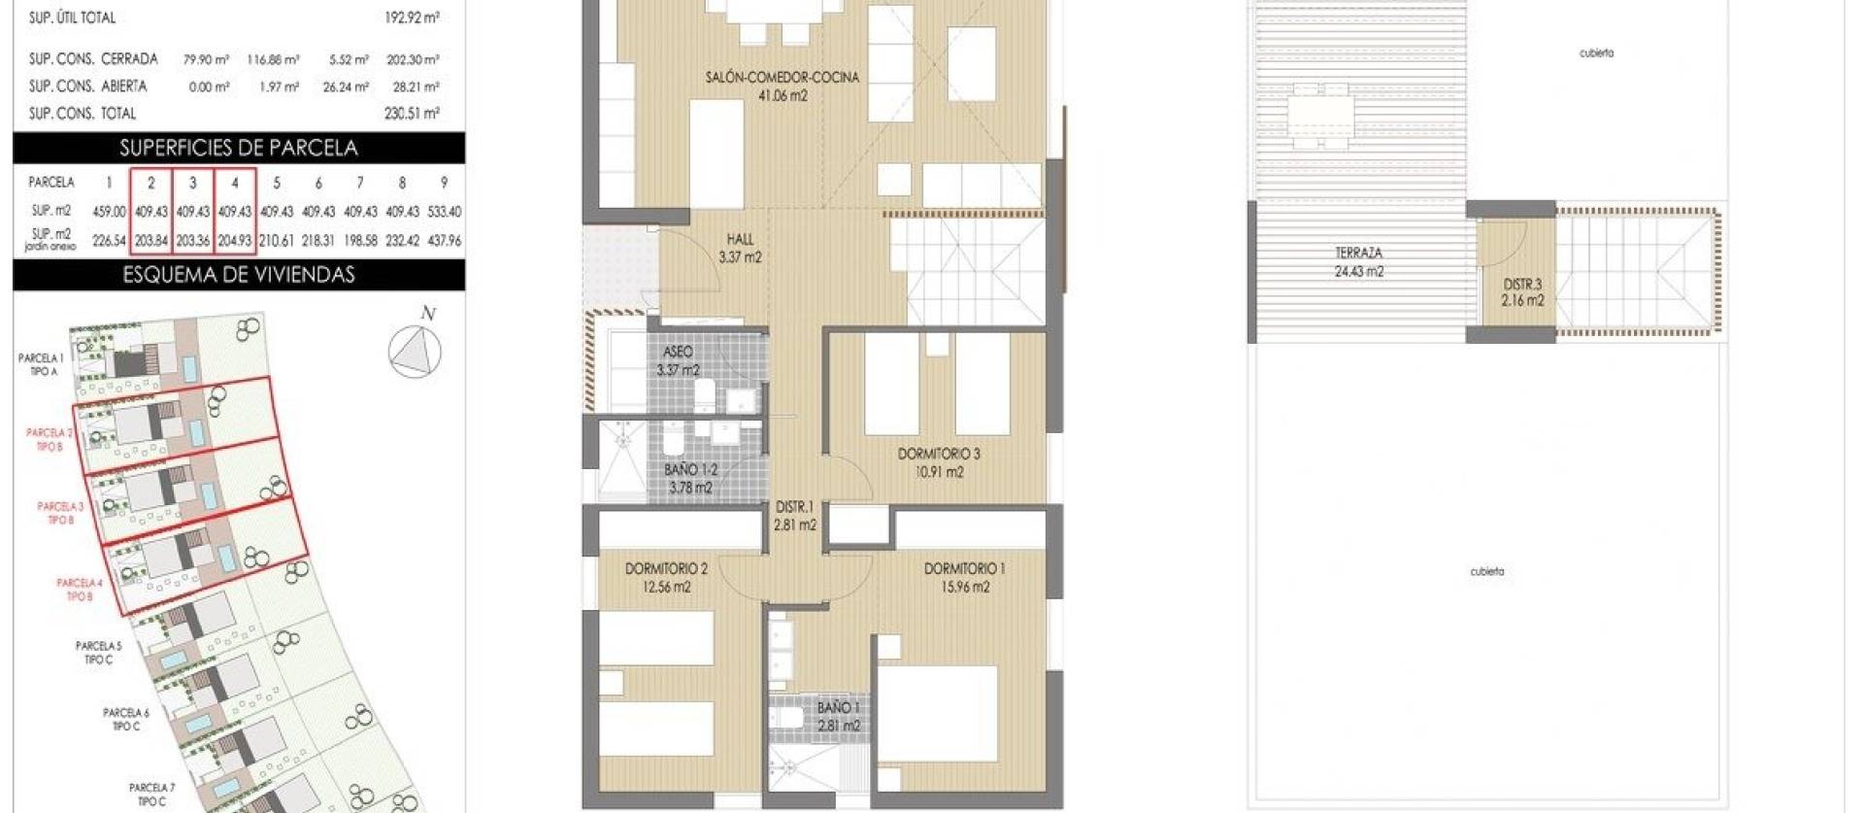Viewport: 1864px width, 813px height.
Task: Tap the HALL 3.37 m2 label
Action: [x=740, y=248]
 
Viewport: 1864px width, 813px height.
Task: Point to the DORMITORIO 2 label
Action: [x=666, y=578]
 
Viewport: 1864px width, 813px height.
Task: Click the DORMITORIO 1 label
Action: [x=964, y=578]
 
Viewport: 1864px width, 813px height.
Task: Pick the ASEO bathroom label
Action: [x=678, y=360]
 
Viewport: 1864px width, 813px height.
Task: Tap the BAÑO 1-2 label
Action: [x=689, y=479]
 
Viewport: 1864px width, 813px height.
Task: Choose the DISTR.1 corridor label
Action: [x=794, y=516]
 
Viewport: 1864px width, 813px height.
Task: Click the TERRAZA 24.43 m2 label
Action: [x=1358, y=262]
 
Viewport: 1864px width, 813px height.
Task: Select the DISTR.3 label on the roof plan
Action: [x=1522, y=292]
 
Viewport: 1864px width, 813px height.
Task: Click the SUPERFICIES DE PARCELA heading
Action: [x=239, y=148]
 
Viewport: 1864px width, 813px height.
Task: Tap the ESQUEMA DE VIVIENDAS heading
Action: [x=239, y=275]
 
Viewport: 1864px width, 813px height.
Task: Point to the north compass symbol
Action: [x=416, y=350]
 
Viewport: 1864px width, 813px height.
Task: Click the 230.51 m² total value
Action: [x=412, y=114]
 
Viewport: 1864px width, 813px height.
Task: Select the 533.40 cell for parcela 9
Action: [x=444, y=212]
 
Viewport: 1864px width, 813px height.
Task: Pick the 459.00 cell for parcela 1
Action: [x=109, y=212]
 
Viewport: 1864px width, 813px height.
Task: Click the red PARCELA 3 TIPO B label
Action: [x=60, y=513]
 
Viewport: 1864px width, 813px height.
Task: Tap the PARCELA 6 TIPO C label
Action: [x=126, y=720]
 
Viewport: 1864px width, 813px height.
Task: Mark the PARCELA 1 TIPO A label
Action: [x=40, y=364]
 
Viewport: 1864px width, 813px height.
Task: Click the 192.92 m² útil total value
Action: [x=412, y=17]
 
